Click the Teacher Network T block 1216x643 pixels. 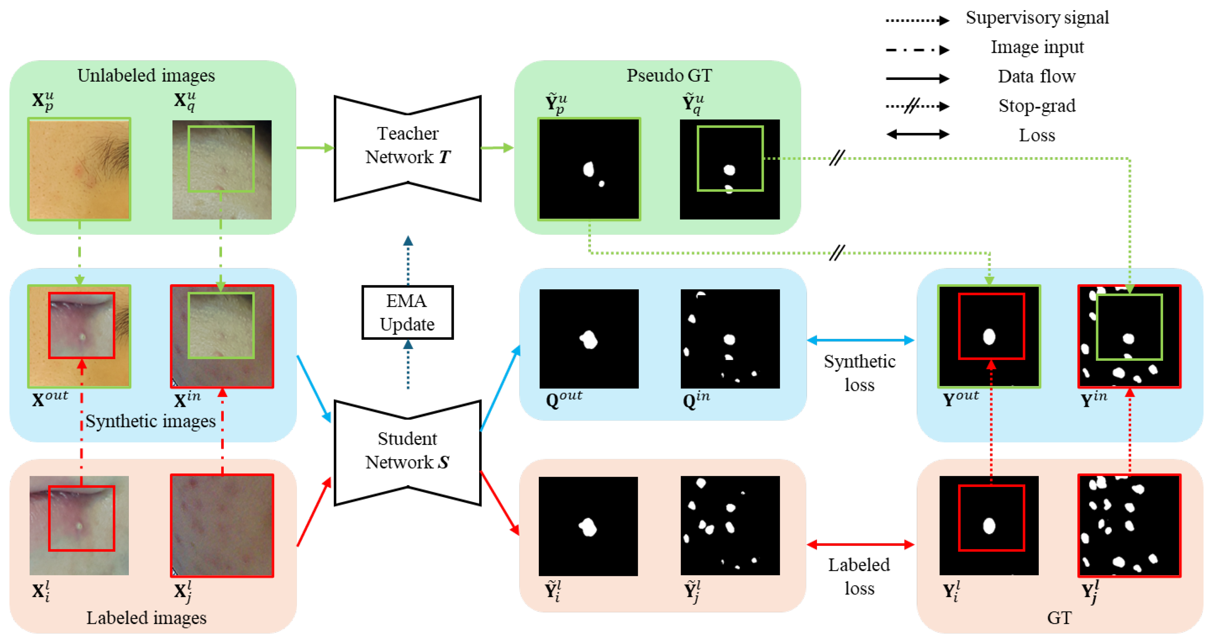(x=407, y=146)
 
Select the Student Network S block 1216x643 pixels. (x=407, y=451)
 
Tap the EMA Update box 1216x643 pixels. (x=407, y=312)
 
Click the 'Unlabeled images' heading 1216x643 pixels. (x=146, y=76)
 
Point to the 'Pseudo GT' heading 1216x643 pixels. (x=669, y=76)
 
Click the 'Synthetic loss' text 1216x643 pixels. (x=859, y=373)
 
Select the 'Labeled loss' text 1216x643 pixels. (x=859, y=576)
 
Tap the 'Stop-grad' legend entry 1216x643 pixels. (x=1037, y=106)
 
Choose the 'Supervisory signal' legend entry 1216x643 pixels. (x=1037, y=18)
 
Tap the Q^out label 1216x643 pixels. (x=564, y=399)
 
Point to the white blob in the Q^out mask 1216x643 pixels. (x=589, y=339)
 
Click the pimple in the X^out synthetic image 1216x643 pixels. (x=83, y=337)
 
